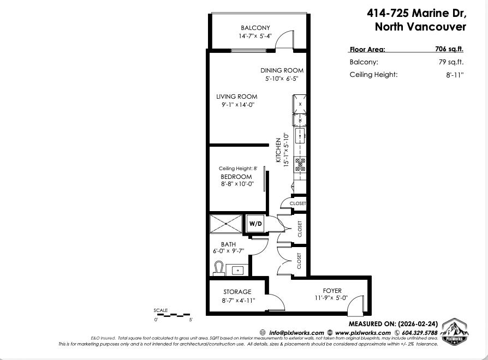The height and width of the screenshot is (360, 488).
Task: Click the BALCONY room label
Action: pyautogui.click(x=255, y=28)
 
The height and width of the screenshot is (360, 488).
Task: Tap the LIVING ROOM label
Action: pyautogui.click(x=236, y=97)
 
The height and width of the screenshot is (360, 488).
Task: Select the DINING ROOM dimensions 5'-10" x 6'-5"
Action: pyautogui.click(x=282, y=79)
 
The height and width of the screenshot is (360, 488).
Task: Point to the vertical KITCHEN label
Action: pyautogui.click(x=278, y=151)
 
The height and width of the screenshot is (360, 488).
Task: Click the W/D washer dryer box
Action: pyautogui.click(x=255, y=224)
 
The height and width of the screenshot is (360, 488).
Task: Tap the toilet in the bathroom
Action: pyautogui.click(x=218, y=268)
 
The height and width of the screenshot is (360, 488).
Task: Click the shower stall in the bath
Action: pyautogui.click(x=226, y=223)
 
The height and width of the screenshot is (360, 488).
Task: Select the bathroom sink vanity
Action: pyautogui.click(x=237, y=269)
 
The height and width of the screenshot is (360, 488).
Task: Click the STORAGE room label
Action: pyautogui.click(x=237, y=292)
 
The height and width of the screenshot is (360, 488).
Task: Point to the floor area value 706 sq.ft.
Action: pyautogui.click(x=449, y=49)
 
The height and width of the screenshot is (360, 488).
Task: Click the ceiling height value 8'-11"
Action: pyautogui.click(x=454, y=75)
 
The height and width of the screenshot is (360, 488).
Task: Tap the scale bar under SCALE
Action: pyautogui.click(x=172, y=315)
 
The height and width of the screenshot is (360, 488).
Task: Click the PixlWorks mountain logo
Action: pyautogui.click(x=454, y=332)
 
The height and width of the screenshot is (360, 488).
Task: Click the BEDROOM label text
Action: pyautogui.click(x=236, y=177)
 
